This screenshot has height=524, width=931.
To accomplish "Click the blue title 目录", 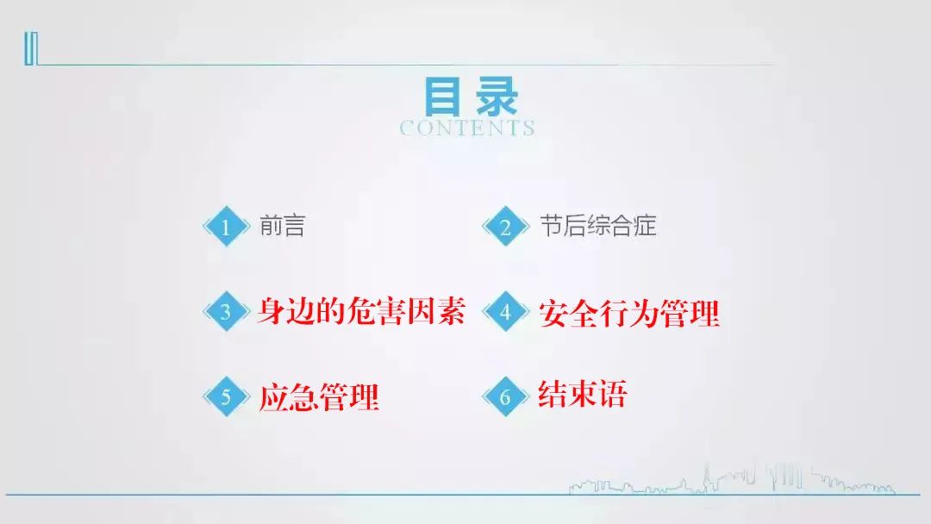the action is click(471, 97).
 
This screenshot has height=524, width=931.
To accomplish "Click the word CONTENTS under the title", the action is click(467, 128).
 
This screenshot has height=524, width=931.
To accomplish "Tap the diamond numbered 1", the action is click(226, 226).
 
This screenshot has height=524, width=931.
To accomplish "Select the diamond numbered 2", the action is click(505, 226).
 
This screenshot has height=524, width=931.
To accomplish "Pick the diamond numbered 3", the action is click(226, 311).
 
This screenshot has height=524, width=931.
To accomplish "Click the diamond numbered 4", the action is click(505, 311).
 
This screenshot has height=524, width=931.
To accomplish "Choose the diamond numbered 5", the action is click(226, 396).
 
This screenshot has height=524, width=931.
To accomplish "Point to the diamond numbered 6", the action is click(505, 396).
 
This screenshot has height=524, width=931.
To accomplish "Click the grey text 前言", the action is click(282, 226).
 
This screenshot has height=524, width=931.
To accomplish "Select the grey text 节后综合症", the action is click(598, 226).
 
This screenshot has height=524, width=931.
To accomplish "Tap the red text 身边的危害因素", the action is click(360, 310).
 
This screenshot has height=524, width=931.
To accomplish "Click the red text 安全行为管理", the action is click(629, 314).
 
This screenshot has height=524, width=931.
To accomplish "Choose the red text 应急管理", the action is click(319, 397).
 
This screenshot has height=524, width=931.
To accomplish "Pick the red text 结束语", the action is click(583, 394).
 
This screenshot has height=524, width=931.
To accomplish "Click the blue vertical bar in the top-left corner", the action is click(31, 48).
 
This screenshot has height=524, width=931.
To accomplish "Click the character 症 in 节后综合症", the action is click(645, 226).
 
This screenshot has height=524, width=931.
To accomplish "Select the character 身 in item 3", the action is click(271, 310).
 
